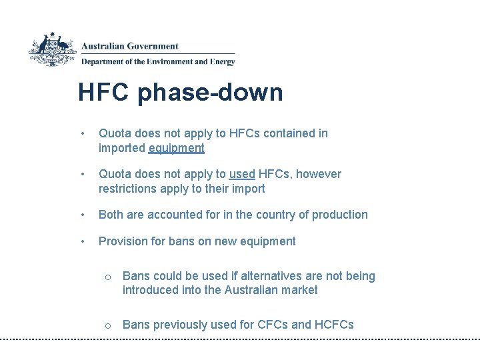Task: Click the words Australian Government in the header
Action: [x=130, y=46]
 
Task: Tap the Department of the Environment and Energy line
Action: [x=158, y=62]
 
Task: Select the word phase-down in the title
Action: [x=211, y=93]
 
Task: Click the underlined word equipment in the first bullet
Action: [x=177, y=148]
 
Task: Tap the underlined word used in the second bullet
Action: [x=242, y=174]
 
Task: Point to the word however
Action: [x=319, y=174]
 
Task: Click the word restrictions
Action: [x=130, y=189]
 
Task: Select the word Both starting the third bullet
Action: [x=111, y=215]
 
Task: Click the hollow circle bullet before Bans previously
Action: [x=107, y=325]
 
